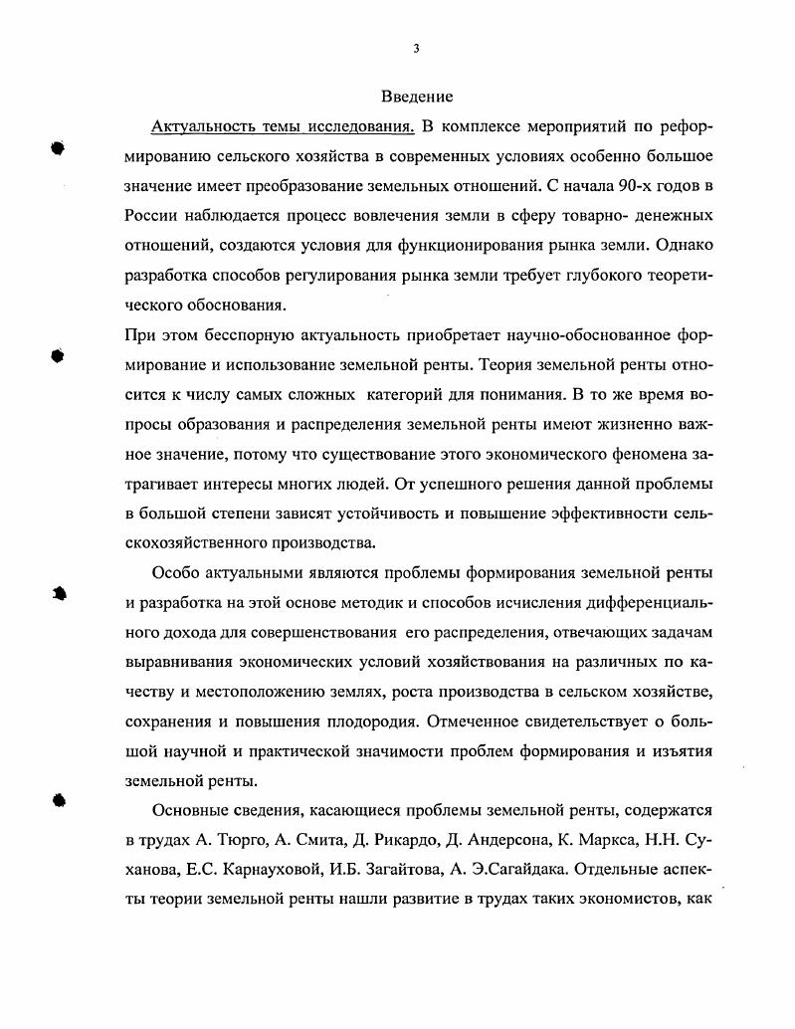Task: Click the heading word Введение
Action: tap(417, 97)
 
